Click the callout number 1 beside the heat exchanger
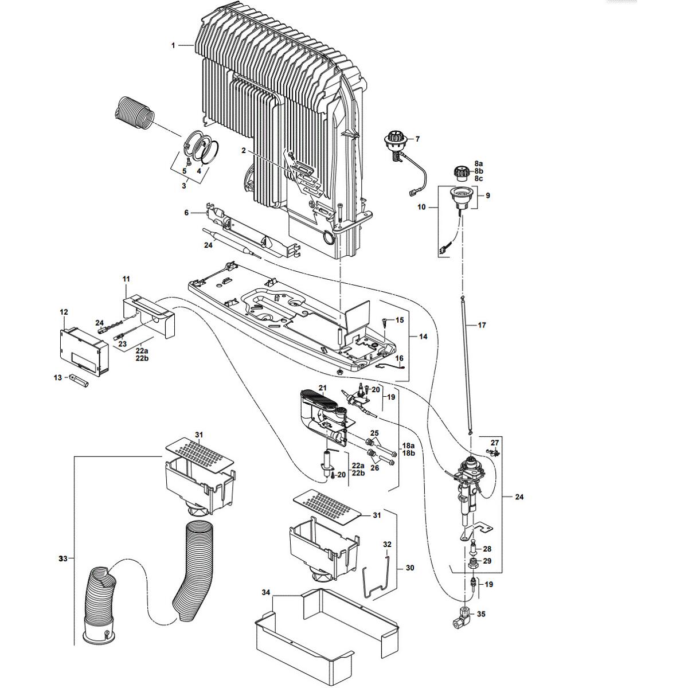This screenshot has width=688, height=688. tap(174, 45)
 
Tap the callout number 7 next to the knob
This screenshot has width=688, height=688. tap(417, 139)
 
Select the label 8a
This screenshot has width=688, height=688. tap(479, 163)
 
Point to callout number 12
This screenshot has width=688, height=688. tap(64, 312)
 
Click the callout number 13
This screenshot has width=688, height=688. tap(57, 377)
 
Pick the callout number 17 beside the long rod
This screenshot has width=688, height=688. tap(482, 325)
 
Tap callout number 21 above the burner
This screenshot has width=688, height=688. tap(322, 388)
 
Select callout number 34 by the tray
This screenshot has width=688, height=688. tap(265, 591)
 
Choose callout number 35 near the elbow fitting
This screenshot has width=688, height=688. tap(481, 614)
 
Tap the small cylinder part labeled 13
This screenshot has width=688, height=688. tap(77, 380)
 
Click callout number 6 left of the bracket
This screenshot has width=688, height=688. tap(186, 212)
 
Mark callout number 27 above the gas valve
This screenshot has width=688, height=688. tap(495, 443)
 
